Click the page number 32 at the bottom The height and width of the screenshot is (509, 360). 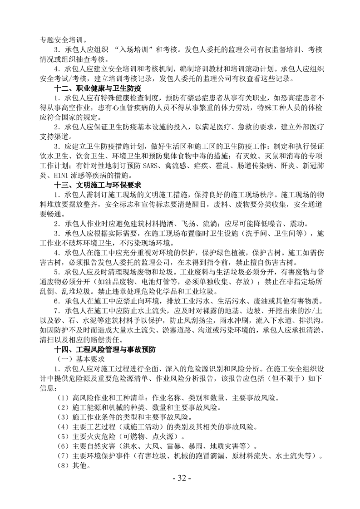180,478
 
